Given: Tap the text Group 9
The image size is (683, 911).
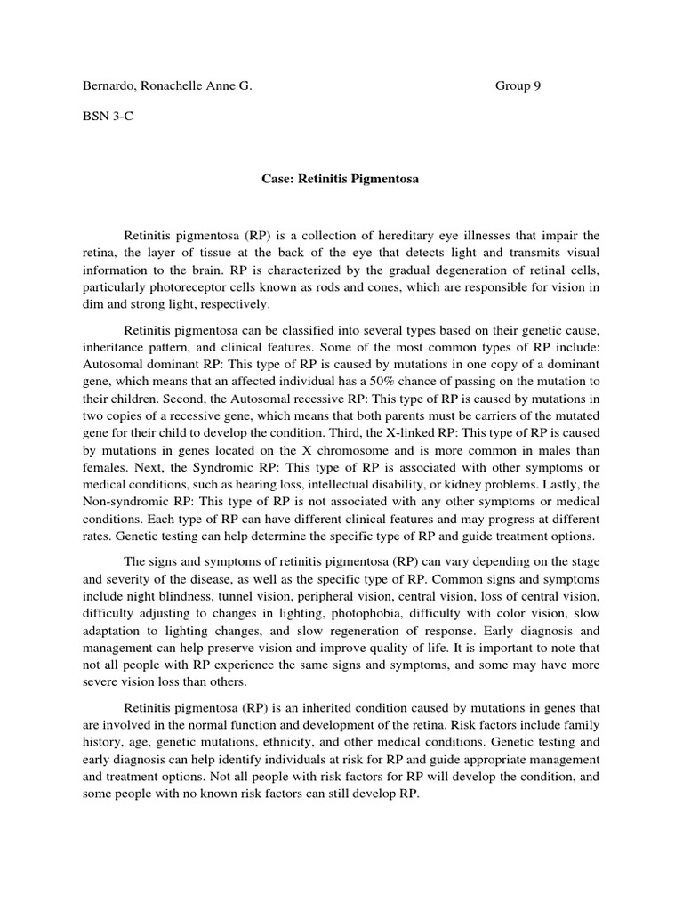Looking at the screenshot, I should pos(518,86).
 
